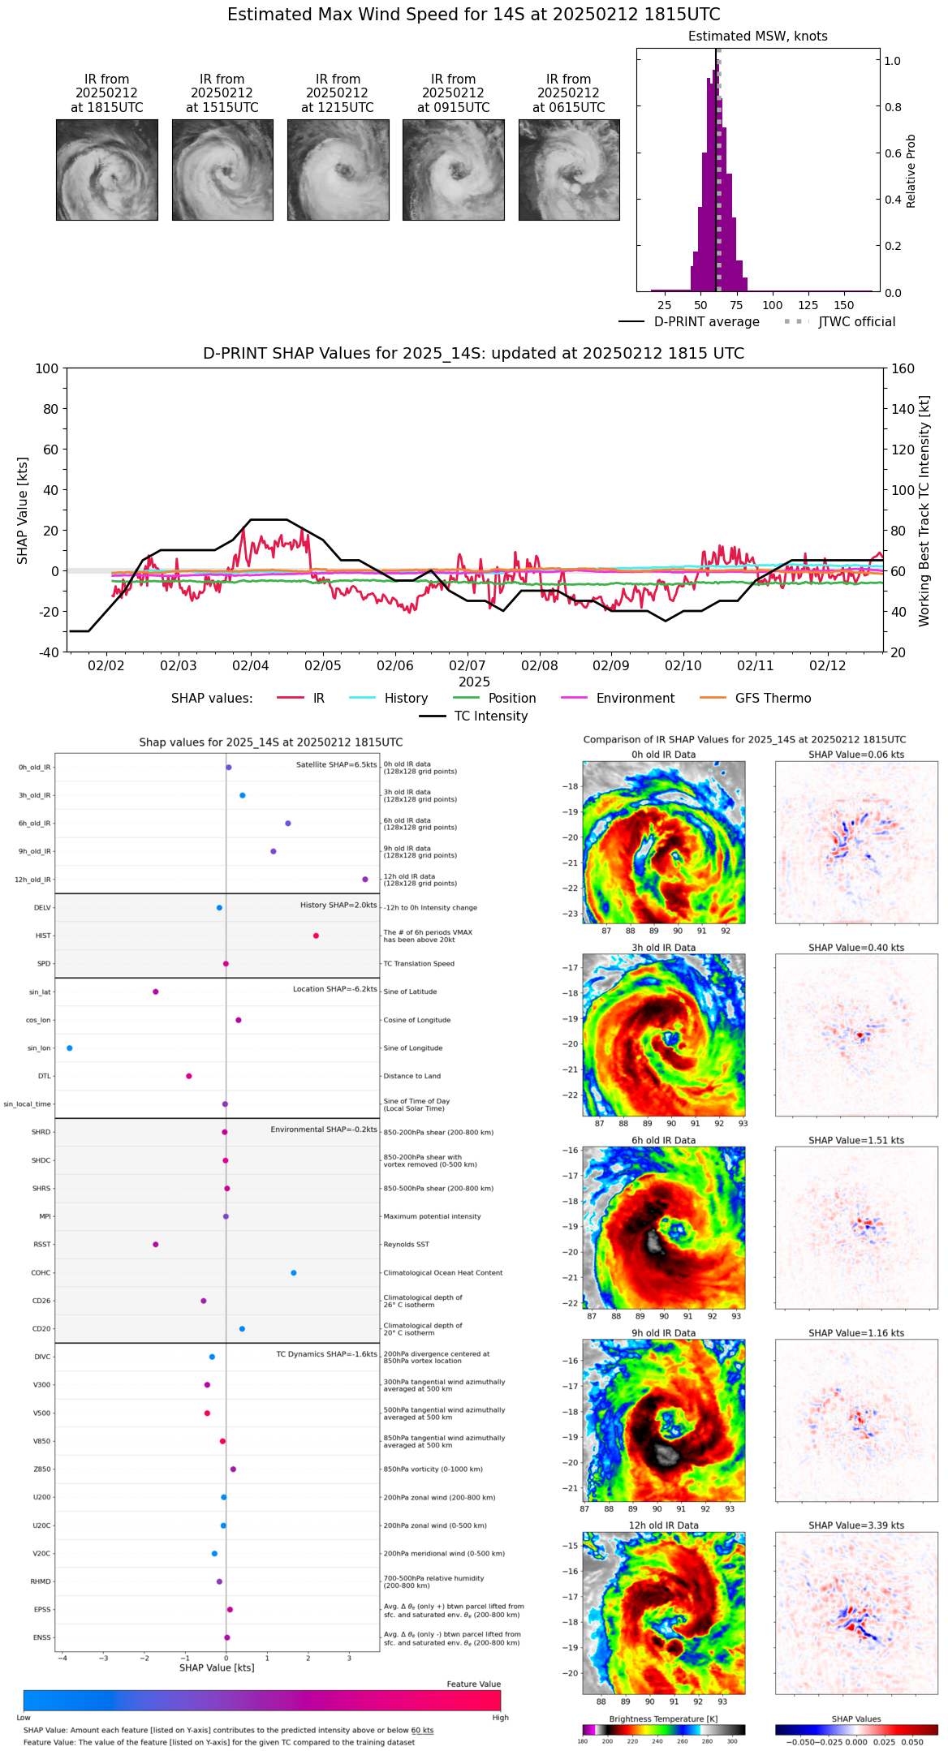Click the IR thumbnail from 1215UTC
[338, 170]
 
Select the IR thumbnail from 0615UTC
[569, 170]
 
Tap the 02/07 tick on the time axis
[468, 665]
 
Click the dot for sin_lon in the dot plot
[70, 1048]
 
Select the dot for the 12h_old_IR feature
[365, 879]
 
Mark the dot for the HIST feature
[316, 936]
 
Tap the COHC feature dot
[294, 1272]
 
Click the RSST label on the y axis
[41, 1244]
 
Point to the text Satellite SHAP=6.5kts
[336, 764]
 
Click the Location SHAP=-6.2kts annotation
[334, 989]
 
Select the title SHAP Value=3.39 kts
[856, 1525]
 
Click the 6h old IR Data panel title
[663, 1140]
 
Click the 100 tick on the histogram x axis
[773, 305]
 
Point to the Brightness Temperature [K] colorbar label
[663, 1719]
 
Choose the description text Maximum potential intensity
[432, 1216]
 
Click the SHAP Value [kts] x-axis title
[217, 1667]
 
